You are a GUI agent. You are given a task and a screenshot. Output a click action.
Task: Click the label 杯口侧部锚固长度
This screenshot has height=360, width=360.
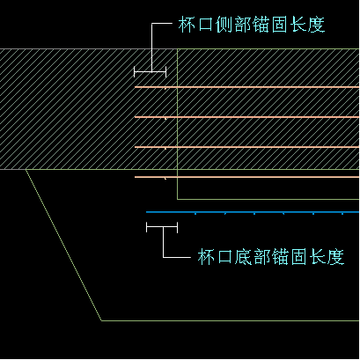(252, 25)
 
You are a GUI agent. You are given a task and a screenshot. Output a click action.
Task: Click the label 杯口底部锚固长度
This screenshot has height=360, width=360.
(270, 257)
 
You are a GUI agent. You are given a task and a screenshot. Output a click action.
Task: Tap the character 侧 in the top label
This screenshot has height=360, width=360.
(224, 25)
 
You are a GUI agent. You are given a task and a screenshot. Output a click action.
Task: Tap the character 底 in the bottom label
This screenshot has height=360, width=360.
(243, 257)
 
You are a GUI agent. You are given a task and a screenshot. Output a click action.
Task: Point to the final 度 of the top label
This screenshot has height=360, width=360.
(316, 25)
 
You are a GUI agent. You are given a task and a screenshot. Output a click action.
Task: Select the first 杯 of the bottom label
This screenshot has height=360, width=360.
(206, 257)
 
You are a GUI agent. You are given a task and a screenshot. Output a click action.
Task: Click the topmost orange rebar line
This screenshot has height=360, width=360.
(246, 87)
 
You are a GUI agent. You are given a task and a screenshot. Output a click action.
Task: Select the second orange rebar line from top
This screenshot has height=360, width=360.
(246, 117)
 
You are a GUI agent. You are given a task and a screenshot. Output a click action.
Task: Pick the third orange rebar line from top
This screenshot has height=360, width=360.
(246, 147)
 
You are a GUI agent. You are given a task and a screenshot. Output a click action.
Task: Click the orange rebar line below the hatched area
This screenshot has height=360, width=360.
(246, 177)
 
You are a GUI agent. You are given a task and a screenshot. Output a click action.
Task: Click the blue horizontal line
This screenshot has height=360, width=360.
(253, 212)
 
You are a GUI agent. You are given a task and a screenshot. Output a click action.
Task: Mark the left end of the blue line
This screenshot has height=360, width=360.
(146, 212)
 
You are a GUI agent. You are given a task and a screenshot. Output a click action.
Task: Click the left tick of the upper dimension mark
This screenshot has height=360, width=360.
(135, 71)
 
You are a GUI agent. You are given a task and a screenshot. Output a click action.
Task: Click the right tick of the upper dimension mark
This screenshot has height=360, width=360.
(165, 71)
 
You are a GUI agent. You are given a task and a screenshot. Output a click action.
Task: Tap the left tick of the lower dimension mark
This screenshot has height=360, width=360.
(146, 227)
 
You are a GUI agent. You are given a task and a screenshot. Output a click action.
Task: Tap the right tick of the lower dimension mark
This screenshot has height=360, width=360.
(177, 227)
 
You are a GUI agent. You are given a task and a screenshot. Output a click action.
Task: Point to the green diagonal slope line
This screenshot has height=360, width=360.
(63, 245)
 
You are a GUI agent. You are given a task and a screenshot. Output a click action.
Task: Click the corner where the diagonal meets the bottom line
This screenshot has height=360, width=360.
(102, 320)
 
